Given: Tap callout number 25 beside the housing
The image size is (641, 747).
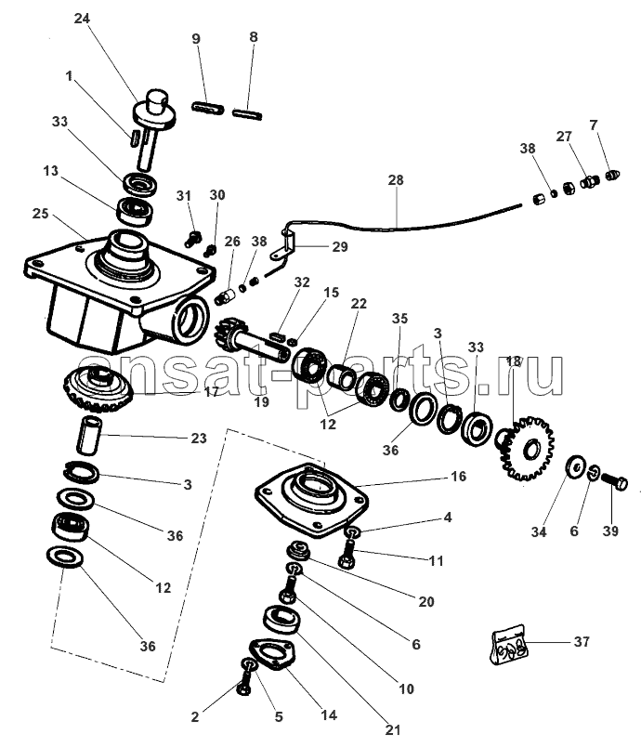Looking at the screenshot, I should pyautogui.click(x=39, y=212).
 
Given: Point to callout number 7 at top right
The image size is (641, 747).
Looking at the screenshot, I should pyautogui.click(x=593, y=124).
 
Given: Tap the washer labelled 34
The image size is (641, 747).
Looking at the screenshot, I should pyautogui.click(x=575, y=464).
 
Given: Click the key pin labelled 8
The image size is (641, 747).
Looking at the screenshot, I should pyautogui.click(x=248, y=114).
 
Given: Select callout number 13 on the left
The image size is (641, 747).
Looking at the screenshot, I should pyautogui.click(x=50, y=171).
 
